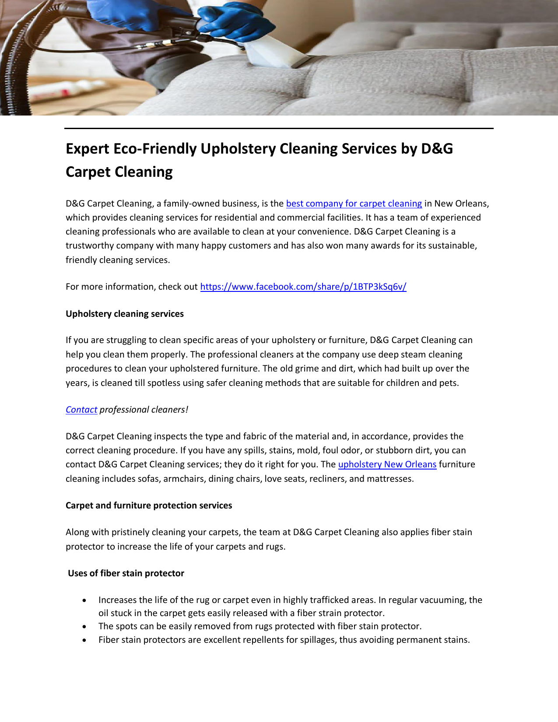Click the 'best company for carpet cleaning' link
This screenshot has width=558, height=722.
coord(354,203)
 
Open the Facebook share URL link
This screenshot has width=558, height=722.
coord(303,287)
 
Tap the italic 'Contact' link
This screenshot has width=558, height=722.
coord(81,410)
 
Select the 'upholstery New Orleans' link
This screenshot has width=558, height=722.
coord(387,464)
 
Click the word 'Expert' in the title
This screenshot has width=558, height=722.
coord(88,149)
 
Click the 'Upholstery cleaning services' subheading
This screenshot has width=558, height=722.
coord(125,314)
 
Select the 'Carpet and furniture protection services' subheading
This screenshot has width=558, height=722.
coord(149,505)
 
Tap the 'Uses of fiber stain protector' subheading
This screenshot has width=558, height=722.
coord(126,573)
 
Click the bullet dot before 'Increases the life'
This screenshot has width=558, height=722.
coord(84,600)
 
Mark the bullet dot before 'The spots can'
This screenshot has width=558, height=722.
coord(84,627)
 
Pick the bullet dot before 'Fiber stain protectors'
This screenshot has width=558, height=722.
coord(84,640)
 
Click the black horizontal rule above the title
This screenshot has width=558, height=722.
coord(279,128)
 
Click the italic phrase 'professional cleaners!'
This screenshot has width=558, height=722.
coord(144,410)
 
